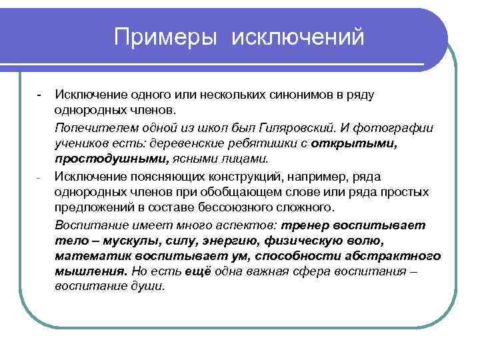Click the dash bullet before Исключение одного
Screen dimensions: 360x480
40,93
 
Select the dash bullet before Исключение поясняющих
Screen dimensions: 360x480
40,177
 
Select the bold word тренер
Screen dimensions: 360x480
309,225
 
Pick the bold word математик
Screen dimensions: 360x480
89,257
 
